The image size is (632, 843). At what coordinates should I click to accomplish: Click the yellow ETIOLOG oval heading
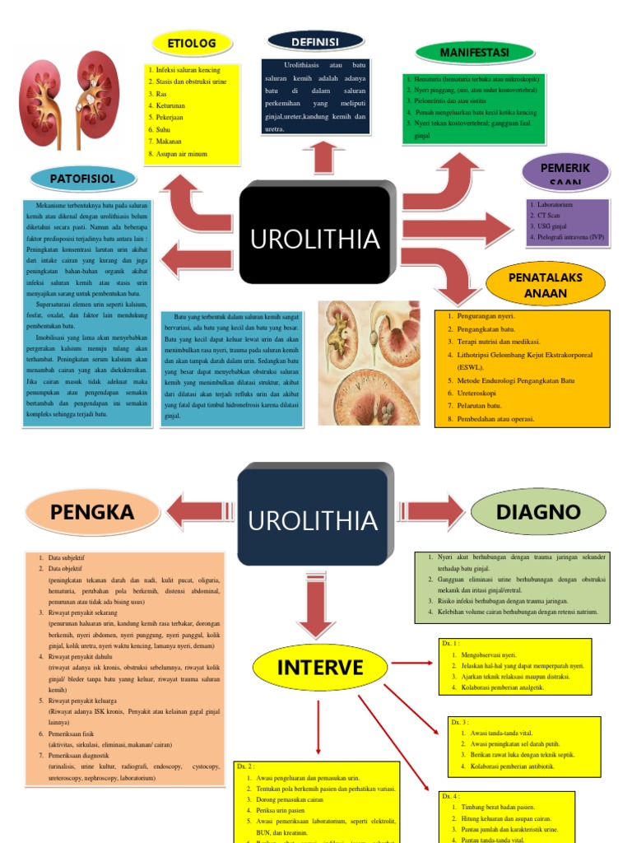click(191, 43)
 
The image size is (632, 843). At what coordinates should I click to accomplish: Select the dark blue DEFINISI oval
click(315, 40)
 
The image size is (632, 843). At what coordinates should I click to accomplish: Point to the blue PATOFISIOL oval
click(81, 177)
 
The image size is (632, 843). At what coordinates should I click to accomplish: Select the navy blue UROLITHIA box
click(313, 519)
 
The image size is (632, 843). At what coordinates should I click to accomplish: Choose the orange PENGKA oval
click(91, 511)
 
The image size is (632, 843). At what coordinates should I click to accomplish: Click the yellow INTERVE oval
click(319, 666)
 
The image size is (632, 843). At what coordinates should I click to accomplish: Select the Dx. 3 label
click(459, 722)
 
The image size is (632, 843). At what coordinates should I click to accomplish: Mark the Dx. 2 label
click(245, 766)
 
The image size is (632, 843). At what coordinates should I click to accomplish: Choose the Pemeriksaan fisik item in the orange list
click(75, 734)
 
